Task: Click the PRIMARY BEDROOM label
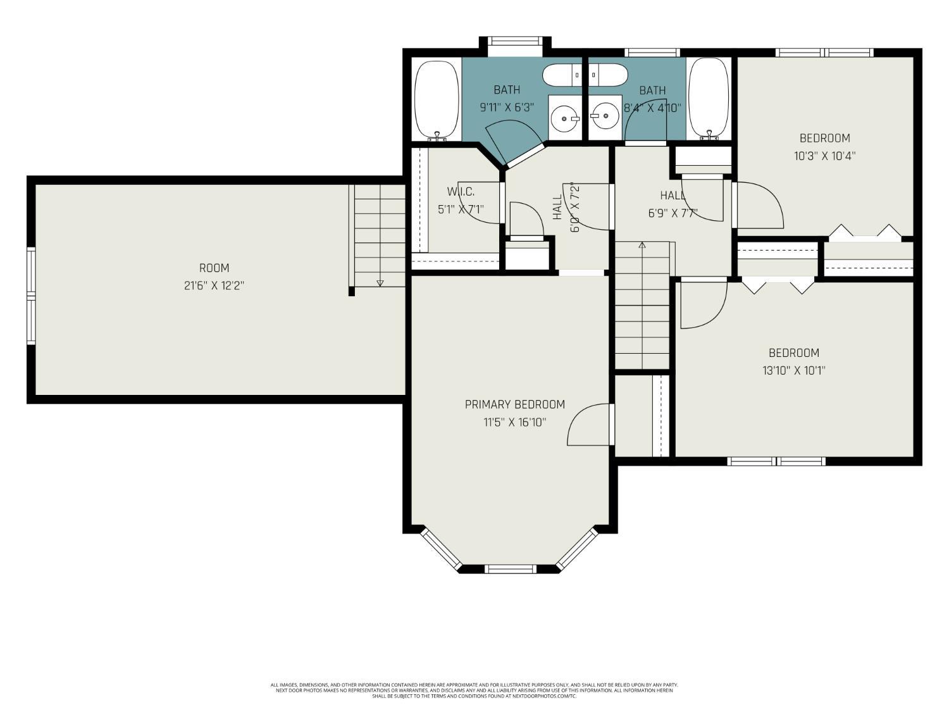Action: point(514,404)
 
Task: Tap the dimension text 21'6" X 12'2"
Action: point(214,285)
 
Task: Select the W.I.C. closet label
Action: point(460,191)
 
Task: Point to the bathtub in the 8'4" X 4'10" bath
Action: point(709,99)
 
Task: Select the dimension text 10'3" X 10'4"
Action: point(824,156)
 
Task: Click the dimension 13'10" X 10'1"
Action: point(793,370)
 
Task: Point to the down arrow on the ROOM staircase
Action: point(380,283)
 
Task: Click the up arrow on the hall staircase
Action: point(642,245)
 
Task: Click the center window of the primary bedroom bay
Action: point(510,569)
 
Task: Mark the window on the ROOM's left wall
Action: point(31,296)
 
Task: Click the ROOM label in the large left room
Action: point(214,268)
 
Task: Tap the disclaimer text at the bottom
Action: point(475,690)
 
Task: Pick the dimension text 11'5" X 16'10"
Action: point(514,422)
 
